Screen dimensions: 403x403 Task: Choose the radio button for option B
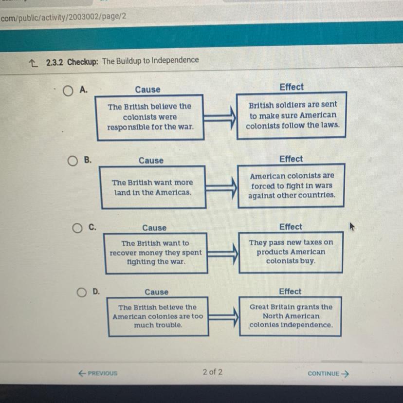[73, 161]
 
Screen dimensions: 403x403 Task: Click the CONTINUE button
[329, 374]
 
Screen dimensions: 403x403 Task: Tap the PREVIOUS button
[98, 373]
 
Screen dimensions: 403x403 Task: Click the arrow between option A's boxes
[220, 117]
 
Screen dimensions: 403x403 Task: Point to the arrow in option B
[221, 186]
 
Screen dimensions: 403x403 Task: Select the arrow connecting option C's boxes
[223, 253]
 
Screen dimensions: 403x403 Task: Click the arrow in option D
[224, 317]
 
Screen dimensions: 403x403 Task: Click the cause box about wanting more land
[152, 187]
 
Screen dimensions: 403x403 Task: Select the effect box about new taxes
[291, 252]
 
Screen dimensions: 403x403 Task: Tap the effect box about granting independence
[291, 316]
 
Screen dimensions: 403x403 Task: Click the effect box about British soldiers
[292, 115]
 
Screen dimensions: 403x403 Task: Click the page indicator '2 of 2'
[212, 372]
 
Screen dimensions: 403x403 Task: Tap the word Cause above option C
[154, 228]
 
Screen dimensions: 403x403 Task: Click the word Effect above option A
[292, 87]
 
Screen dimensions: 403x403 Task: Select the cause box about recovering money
[155, 253]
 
